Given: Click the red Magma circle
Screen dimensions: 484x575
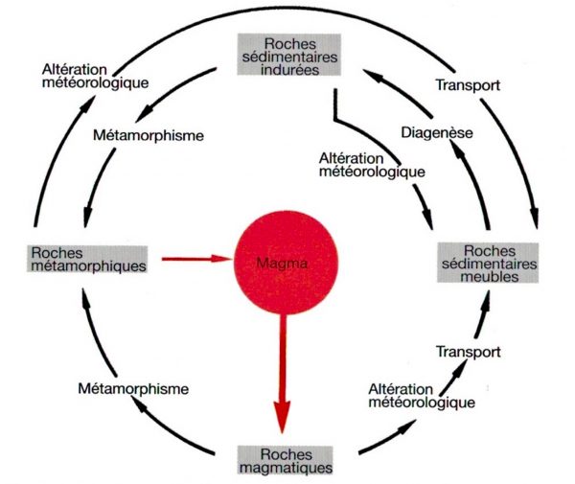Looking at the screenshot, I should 287,260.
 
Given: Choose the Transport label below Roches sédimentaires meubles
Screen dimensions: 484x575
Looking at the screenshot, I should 468,352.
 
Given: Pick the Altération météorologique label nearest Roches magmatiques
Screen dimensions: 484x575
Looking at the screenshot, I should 421,395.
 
